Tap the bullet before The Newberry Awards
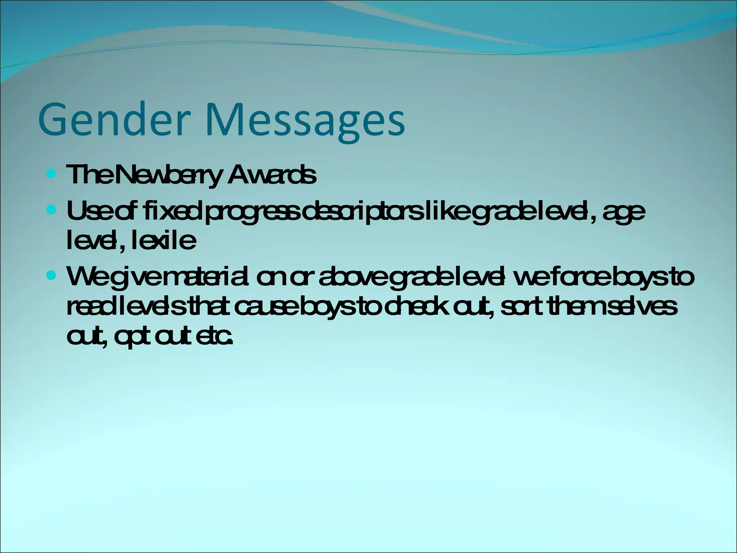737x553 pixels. coord(52,175)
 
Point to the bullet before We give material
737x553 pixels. coord(52,276)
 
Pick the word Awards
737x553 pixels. coord(272,175)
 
